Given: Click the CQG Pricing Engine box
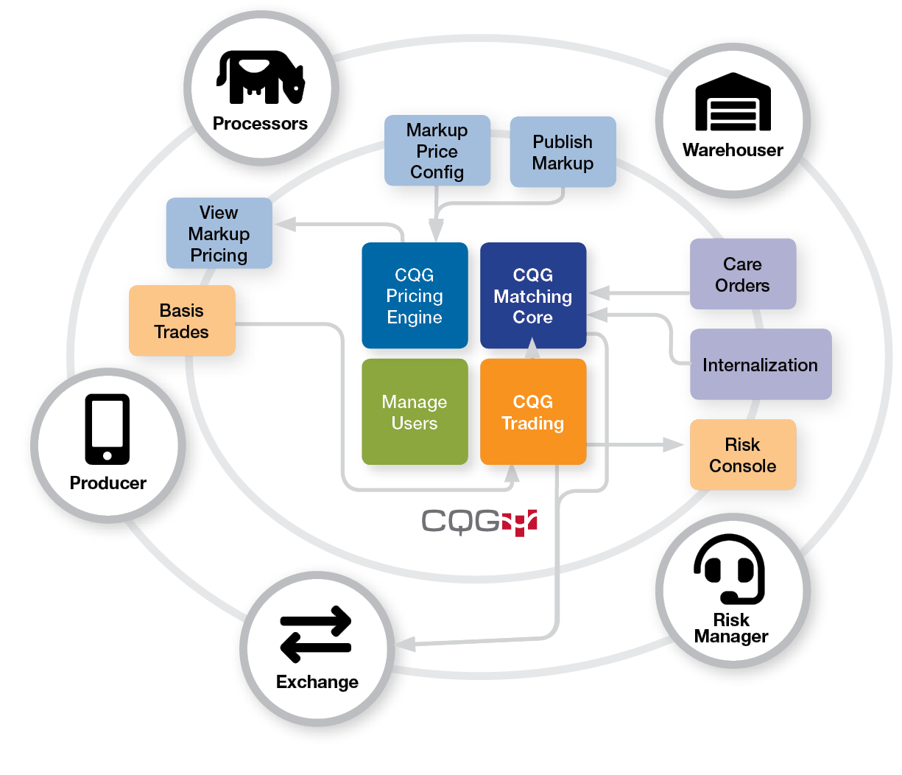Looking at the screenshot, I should point(415,295).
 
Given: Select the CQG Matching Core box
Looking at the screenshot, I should point(532,295).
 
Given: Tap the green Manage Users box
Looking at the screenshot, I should point(415,412).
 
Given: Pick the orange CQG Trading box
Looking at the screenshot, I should point(532,412).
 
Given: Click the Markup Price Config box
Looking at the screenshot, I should point(437,150).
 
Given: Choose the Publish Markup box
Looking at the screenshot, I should point(563,152).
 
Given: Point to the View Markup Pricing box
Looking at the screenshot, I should point(219,234).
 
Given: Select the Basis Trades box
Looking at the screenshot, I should point(182,320).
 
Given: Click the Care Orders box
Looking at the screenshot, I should point(742,274).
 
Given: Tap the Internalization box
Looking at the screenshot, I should point(760,365).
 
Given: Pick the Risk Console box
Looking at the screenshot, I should point(742,455).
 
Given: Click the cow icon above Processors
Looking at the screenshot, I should point(261,77).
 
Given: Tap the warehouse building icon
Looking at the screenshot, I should point(733,102).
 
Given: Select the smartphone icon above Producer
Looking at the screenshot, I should point(108,429).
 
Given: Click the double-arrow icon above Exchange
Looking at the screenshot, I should point(317,634).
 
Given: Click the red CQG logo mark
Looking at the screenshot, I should point(520,522).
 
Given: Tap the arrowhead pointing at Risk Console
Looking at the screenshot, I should point(673,444).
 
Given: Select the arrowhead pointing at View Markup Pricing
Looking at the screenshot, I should point(285,224).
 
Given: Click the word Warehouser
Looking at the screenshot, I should point(733,150).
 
